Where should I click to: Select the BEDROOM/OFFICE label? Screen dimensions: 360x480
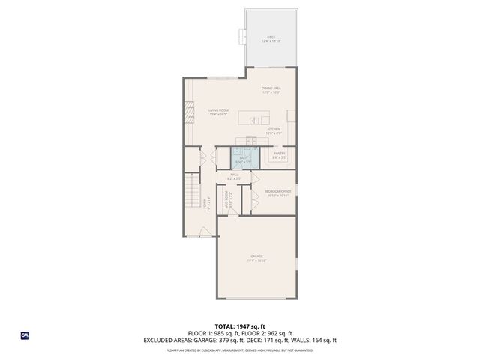click(x=277, y=193)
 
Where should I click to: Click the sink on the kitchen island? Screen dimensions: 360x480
click(x=254, y=120)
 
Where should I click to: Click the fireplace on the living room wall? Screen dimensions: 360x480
click(x=188, y=112)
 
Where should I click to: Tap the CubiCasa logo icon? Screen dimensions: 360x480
click(x=24, y=334)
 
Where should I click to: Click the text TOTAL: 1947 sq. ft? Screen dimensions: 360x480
click(x=240, y=326)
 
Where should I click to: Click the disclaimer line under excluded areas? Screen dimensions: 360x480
click(x=240, y=349)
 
